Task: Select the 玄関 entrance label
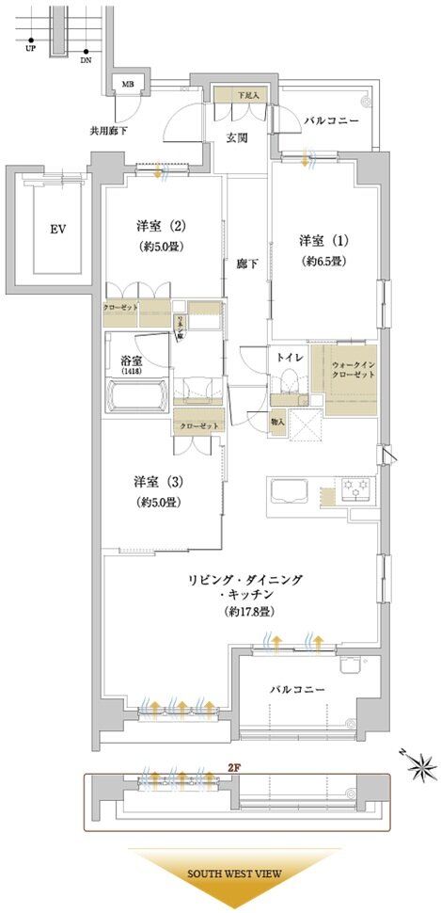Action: [236, 137]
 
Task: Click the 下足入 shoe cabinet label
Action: [248, 95]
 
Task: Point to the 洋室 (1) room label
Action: [317, 239]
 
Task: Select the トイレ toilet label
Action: [288, 358]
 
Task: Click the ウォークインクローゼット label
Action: [353, 367]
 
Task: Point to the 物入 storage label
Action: [278, 422]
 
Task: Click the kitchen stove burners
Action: [358, 488]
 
